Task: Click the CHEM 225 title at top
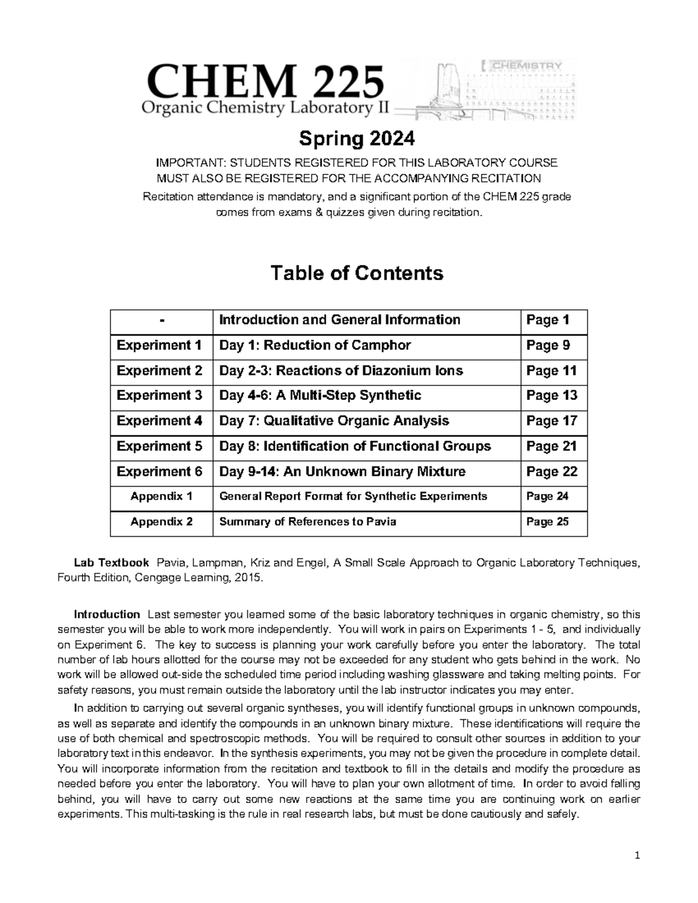point(267,81)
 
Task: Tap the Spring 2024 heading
point(357,139)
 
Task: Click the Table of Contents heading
point(357,273)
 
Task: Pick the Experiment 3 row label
point(159,395)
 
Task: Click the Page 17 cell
point(551,421)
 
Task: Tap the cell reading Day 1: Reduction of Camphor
point(315,345)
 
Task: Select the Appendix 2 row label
point(161,522)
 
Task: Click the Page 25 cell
point(547,522)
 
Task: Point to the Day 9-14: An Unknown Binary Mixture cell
point(342,472)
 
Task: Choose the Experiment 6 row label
point(159,472)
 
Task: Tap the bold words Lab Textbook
point(111,563)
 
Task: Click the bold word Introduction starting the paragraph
point(106,615)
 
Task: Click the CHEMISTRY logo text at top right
point(526,66)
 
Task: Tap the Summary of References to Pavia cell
point(307,522)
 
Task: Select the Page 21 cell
point(551,446)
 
